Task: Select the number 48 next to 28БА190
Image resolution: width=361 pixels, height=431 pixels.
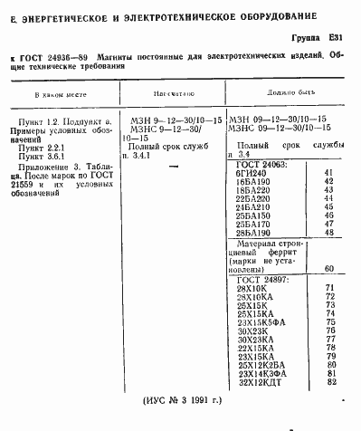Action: (328, 233)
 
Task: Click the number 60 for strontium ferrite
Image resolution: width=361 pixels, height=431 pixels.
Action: (328, 268)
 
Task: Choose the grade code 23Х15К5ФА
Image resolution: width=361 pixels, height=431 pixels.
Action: (265, 321)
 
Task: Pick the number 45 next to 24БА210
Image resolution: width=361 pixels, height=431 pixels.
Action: (328, 207)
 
